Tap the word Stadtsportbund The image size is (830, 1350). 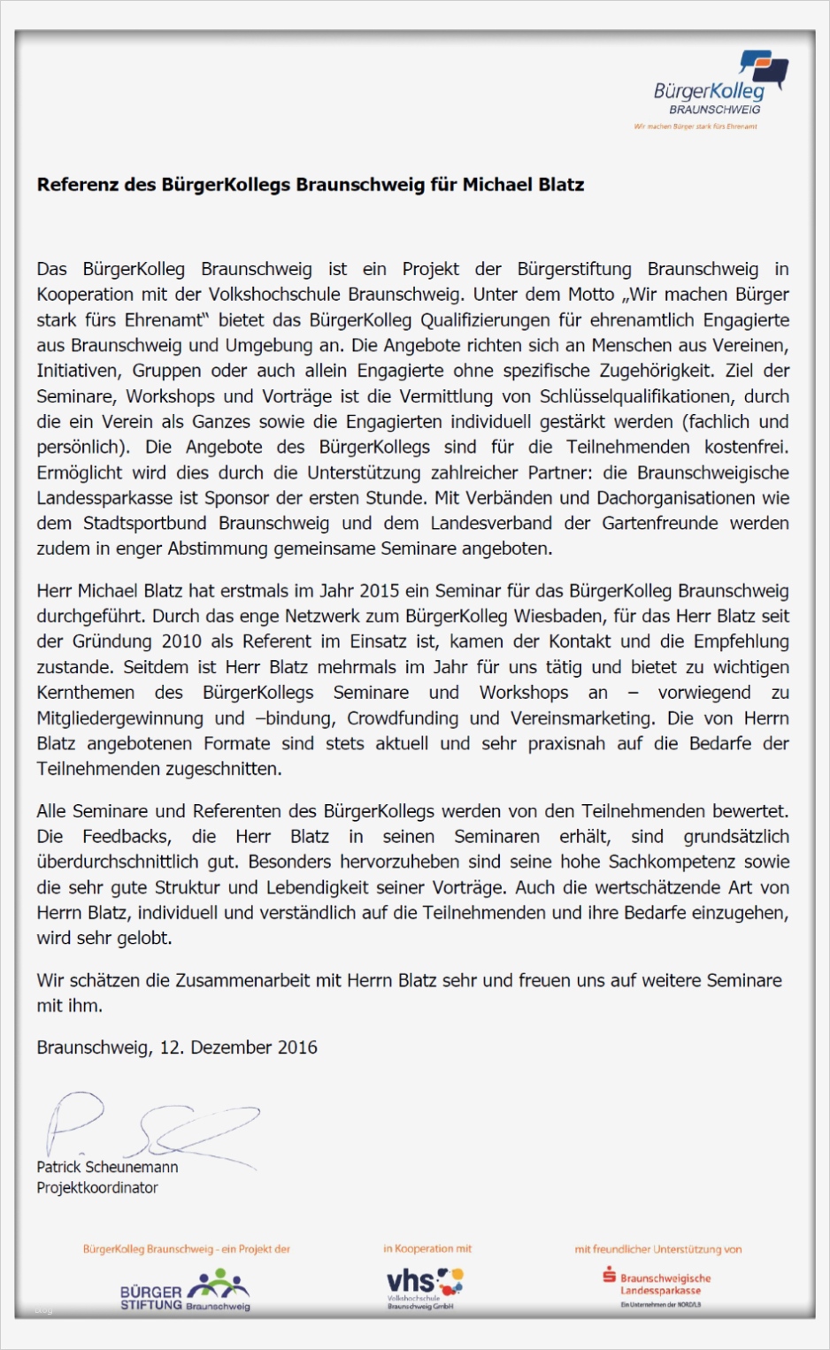pos(144,524)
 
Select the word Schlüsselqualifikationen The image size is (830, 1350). pos(636,396)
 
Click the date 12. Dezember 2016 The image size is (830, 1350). pos(238,1047)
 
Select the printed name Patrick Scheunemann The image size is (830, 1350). pos(107,1168)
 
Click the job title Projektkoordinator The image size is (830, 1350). pos(97,1188)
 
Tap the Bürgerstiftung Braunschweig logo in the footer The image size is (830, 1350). pos(186,1291)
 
